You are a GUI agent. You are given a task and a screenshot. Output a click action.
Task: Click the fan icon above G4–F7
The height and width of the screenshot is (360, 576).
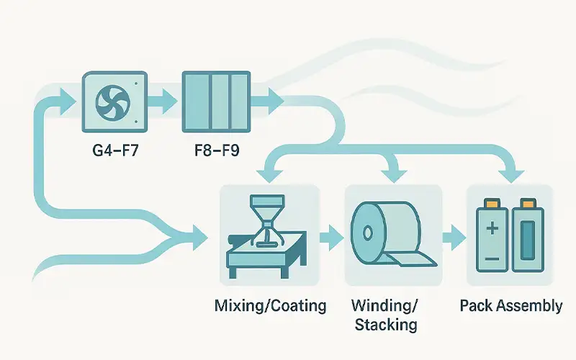[115, 102]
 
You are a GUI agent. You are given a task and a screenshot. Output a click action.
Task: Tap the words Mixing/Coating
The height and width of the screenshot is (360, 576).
[270, 306]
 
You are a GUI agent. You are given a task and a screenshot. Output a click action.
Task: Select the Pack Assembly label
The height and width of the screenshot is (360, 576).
[510, 306]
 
